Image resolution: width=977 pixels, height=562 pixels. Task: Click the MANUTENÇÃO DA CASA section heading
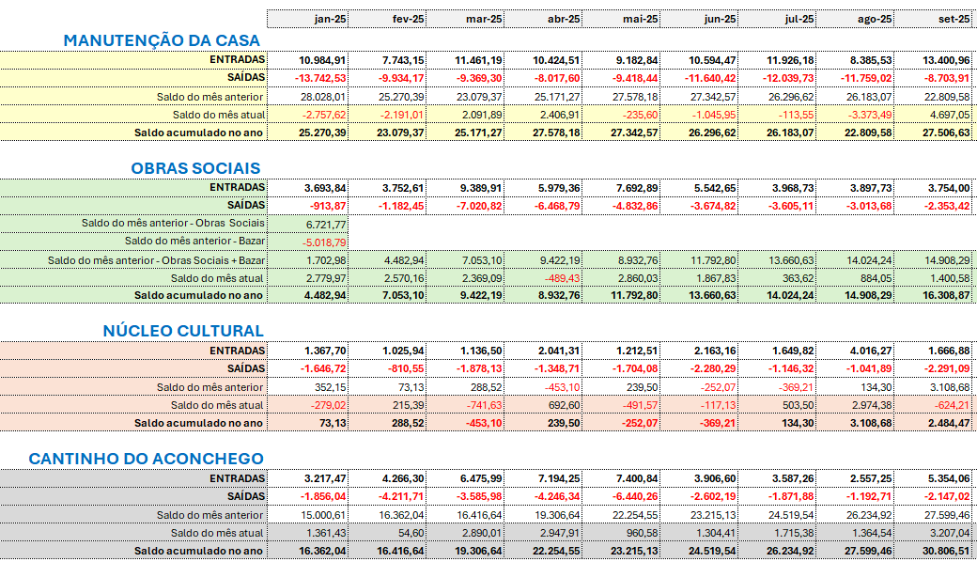point(162,40)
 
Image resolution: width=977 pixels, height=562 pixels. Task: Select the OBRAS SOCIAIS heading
point(196,168)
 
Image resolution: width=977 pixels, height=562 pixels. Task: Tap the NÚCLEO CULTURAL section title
point(183,331)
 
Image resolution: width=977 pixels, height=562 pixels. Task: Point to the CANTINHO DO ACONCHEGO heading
point(146,458)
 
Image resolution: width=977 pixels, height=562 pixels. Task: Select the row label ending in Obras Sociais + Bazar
point(156,260)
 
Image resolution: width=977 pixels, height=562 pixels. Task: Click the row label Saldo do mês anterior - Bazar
point(194,242)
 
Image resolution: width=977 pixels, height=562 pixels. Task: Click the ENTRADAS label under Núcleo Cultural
point(239,350)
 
